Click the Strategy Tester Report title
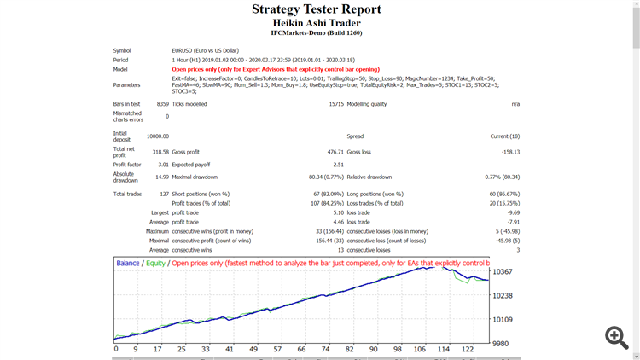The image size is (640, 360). point(317,9)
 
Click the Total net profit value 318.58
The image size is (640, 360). point(160,152)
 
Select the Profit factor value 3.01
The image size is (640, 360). point(162,164)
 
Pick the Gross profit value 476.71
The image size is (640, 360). point(331,152)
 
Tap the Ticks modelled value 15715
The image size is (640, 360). point(335,104)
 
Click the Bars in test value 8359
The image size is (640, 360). point(162,104)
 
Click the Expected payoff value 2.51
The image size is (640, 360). point(337,164)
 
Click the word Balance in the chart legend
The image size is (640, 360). point(129,264)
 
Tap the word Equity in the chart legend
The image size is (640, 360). point(155,264)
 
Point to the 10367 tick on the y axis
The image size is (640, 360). point(503,271)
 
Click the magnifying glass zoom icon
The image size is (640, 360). point(616,337)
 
